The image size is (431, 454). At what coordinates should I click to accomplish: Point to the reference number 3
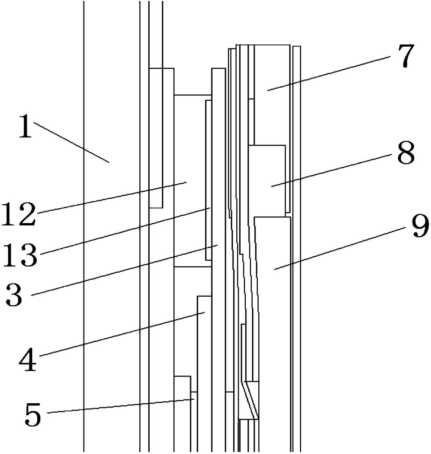[14, 295]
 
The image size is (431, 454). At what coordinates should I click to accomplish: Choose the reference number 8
[406, 154]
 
